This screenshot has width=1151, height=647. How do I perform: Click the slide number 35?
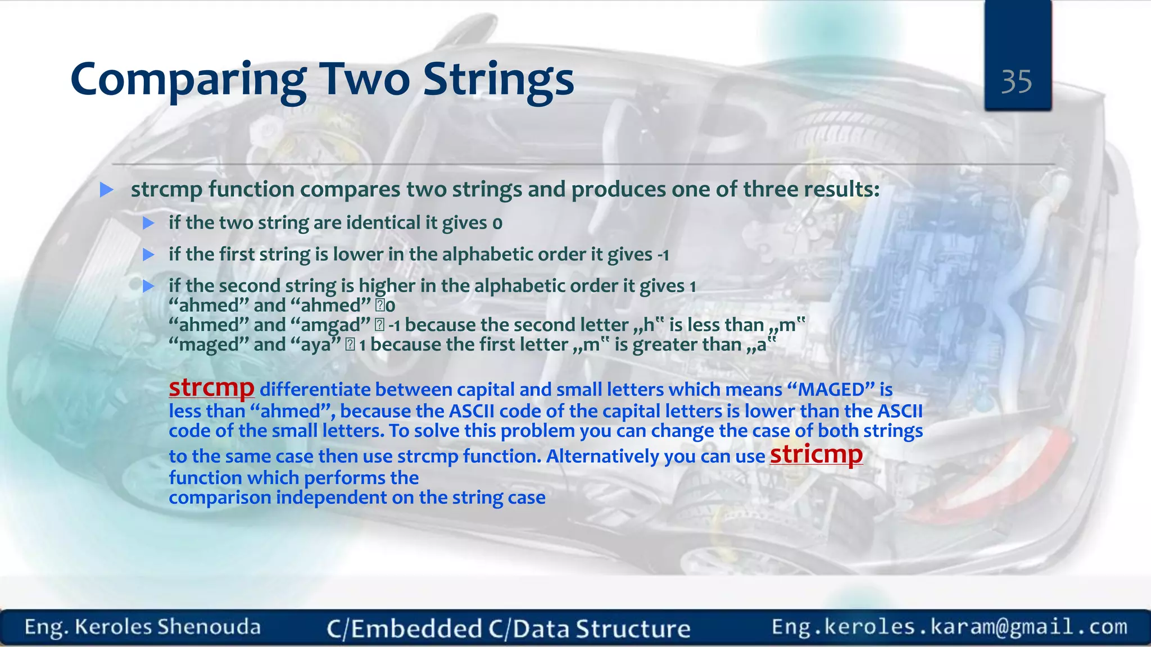point(1016,82)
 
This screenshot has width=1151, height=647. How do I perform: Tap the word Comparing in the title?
point(188,80)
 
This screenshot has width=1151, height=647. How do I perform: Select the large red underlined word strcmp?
point(211,388)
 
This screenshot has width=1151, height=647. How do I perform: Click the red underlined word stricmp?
point(816,454)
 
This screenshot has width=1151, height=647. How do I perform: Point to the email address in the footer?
point(949,627)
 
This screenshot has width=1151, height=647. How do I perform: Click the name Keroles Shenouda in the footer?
point(167,627)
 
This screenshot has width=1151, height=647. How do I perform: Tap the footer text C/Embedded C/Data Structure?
point(508,628)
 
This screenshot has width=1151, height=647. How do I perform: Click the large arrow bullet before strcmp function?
point(106,190)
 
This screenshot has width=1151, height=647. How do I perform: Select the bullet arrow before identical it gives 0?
point(148,224)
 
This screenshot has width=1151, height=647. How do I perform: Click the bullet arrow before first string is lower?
point(148,255)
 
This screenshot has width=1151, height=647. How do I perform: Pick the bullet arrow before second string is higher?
point(148,286)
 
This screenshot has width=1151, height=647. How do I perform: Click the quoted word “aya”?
point(316,345)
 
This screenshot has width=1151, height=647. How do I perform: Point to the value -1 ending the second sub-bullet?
point(663,256)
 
